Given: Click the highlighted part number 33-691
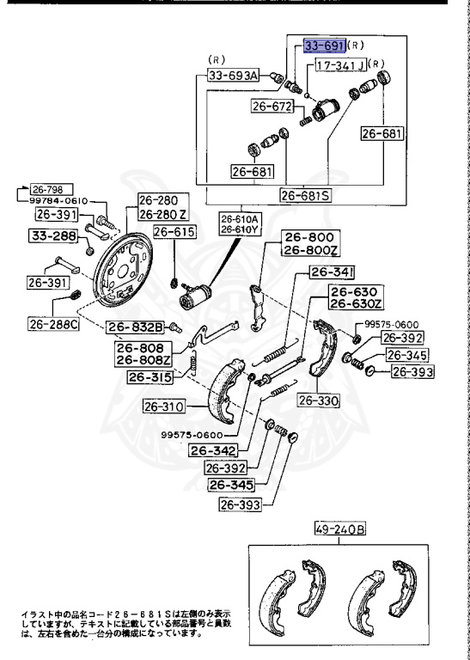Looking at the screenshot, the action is click(x=325, y=46).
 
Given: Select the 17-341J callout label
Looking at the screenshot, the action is click(x=341, y=65).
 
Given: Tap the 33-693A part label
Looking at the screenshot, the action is click(x=233, y=76).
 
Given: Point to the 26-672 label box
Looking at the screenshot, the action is click(x=272, y=106).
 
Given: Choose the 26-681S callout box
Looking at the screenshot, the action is click(x=306, y=195).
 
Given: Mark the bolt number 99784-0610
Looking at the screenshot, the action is click(x=58, y=201).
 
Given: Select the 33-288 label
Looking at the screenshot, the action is click(x=53, y=235).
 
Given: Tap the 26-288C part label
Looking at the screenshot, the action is click(x=53, y=324).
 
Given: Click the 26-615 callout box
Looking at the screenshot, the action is click(x=174, y=231).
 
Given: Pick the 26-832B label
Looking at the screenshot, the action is click(x=135, y=327).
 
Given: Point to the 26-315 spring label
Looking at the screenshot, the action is click(x=150, y=377).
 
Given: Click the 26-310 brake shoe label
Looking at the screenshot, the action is click(x=163, y=407).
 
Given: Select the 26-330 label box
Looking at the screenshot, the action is click(x=319, y=401).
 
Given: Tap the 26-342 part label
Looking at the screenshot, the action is click(x=213, y=451).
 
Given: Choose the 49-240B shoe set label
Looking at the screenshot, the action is click(x=340, y=529).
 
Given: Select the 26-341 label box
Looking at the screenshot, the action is click(x=332, y=272).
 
